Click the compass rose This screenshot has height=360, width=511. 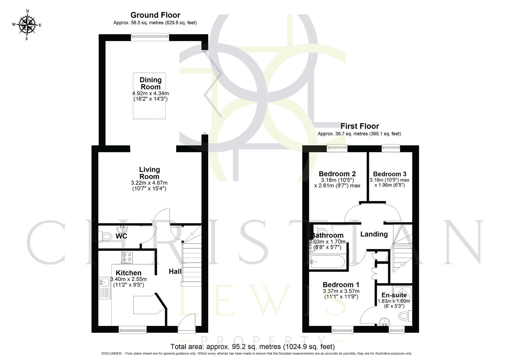[x=27, y=24]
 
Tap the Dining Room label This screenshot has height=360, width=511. [x=150, y=83]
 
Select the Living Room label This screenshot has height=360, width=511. [x=149, y=173]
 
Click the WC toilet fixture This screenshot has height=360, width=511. [x=106, y=236]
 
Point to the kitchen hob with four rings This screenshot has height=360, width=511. [x=127, y=258]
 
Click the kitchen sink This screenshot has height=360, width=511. [x=103, y=283]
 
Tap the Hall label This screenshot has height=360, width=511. [x=175, y=272]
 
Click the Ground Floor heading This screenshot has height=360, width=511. [x=155, y=15]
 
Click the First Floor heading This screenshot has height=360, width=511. [x=360, y=126]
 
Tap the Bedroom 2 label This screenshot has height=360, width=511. [x=337, y=174]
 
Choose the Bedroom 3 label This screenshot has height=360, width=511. [x=390, y=174]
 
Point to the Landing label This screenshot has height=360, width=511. [x=374, y=234]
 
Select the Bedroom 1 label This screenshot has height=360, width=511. [x=341, y=285]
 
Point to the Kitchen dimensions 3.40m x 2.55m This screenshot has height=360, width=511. [x=130, y=279]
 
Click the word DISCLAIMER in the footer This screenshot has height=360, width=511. [x=112, y=354]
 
